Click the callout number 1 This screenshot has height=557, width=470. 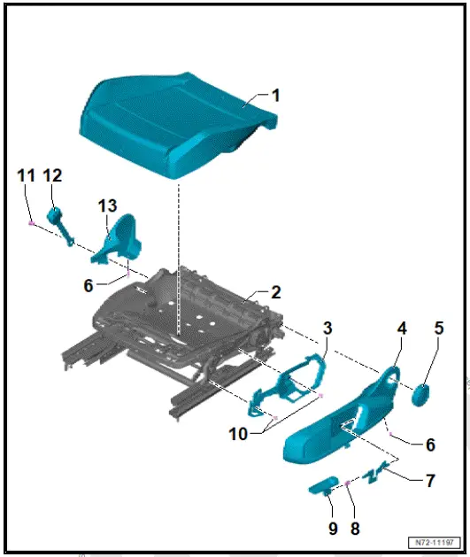pyautogui.click(x=275, y=95)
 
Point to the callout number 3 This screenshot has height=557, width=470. pyautogui.click(x=327, y=328)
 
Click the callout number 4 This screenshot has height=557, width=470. pyautogui.click(x=401, y=328)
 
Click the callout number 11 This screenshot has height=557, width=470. pyautogui.click(x=27, y=175)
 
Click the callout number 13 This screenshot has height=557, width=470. pyautogui.click(x=107, y=205)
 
